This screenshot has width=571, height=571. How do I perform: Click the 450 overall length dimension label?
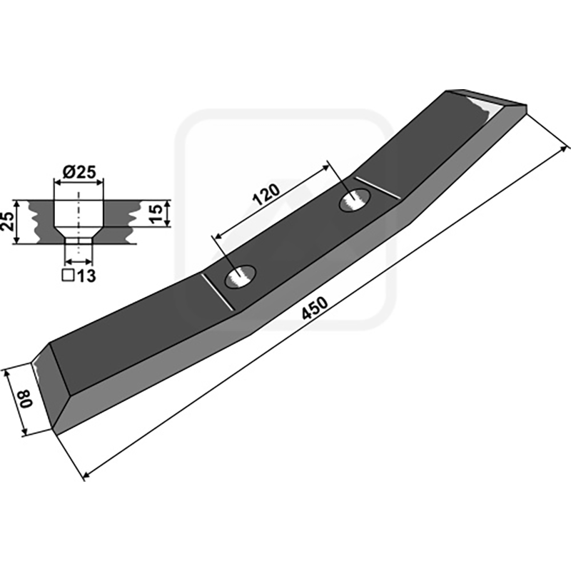tap(315, 308)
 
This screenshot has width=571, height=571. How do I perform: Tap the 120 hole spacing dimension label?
tap(267, 194)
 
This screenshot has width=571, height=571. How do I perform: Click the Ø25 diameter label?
tap(79, 172)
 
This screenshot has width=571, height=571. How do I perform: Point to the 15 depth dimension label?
tap(156, 213)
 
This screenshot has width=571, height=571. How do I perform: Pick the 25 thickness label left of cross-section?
tap(8, 222)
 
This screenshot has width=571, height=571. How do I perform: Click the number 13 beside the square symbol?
tap(86, 276)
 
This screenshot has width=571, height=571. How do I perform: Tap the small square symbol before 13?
tap(68, 276)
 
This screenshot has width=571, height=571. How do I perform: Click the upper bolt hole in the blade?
tap(355, 201)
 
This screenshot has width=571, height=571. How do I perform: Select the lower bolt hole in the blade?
tap(241, 277)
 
